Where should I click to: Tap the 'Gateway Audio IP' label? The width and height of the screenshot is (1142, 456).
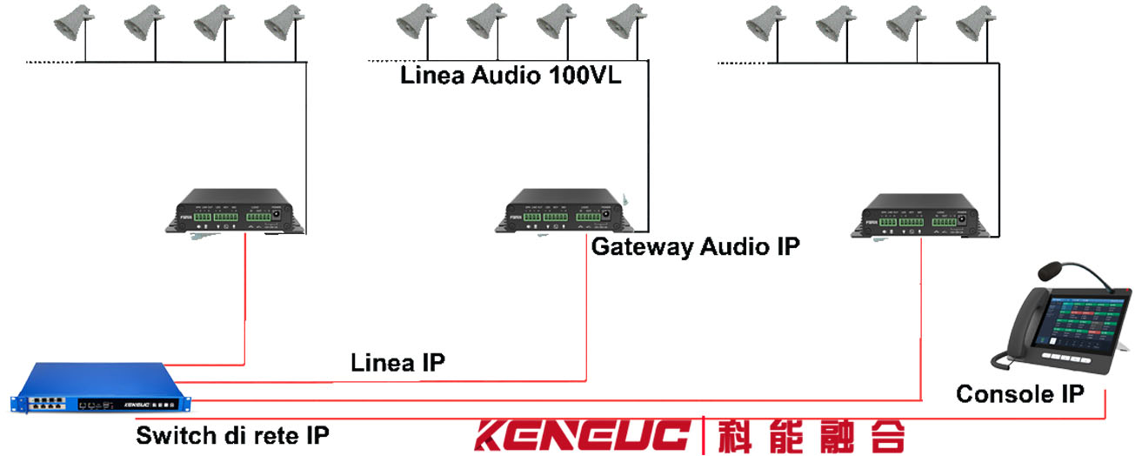[x=695, y=247]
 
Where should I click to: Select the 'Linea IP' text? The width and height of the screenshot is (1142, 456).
[x=397, y=363]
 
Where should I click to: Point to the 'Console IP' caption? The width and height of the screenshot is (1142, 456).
[x=1019, y=394]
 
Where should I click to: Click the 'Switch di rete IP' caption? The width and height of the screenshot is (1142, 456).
[x=232, y=434]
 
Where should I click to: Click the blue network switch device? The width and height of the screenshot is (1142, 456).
[x=101, y=389]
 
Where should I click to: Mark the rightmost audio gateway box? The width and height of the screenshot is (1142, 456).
[x=924, y=218]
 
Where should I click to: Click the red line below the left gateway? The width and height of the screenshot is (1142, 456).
[x=244, y=296]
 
